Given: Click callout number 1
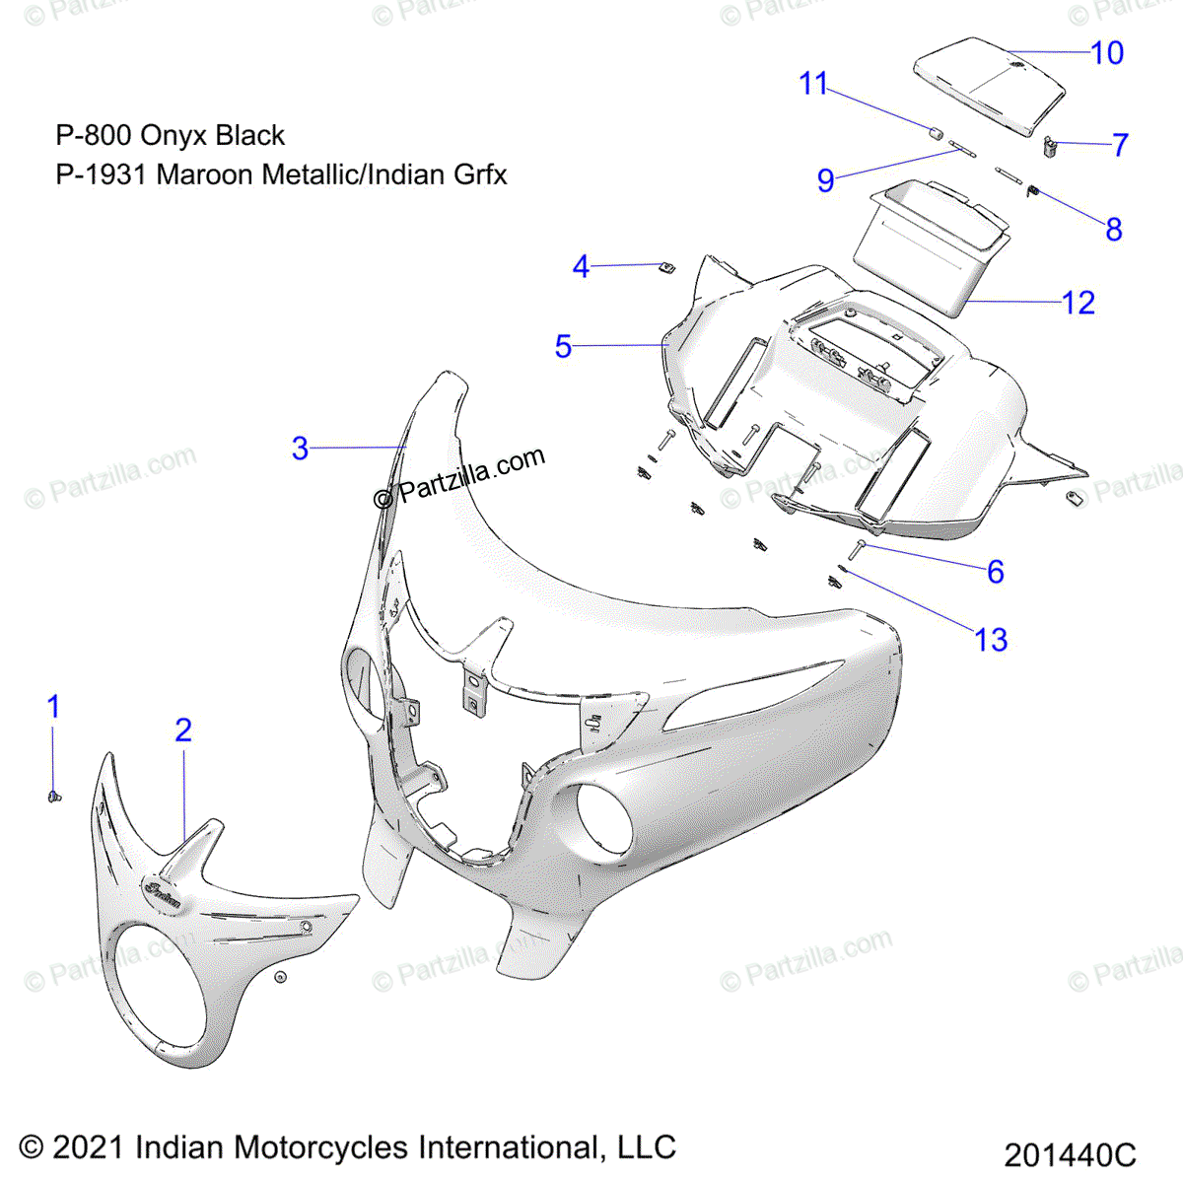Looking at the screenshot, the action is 54,707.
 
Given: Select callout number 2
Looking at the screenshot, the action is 183,731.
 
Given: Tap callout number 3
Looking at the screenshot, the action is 301,449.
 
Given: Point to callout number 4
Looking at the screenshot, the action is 581,266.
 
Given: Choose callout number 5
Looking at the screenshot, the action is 563,346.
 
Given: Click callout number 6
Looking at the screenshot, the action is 996,572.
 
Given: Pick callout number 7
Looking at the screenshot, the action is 1120,145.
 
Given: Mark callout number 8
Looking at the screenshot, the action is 1114,230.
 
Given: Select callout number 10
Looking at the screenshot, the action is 1107,52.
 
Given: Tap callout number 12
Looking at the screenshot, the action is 1079,303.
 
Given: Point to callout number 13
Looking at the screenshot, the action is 991,641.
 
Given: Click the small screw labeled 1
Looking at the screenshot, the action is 55,795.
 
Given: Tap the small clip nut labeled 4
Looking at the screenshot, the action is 666,267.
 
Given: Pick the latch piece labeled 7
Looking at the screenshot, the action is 1052,148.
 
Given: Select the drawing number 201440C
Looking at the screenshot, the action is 1070,1155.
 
